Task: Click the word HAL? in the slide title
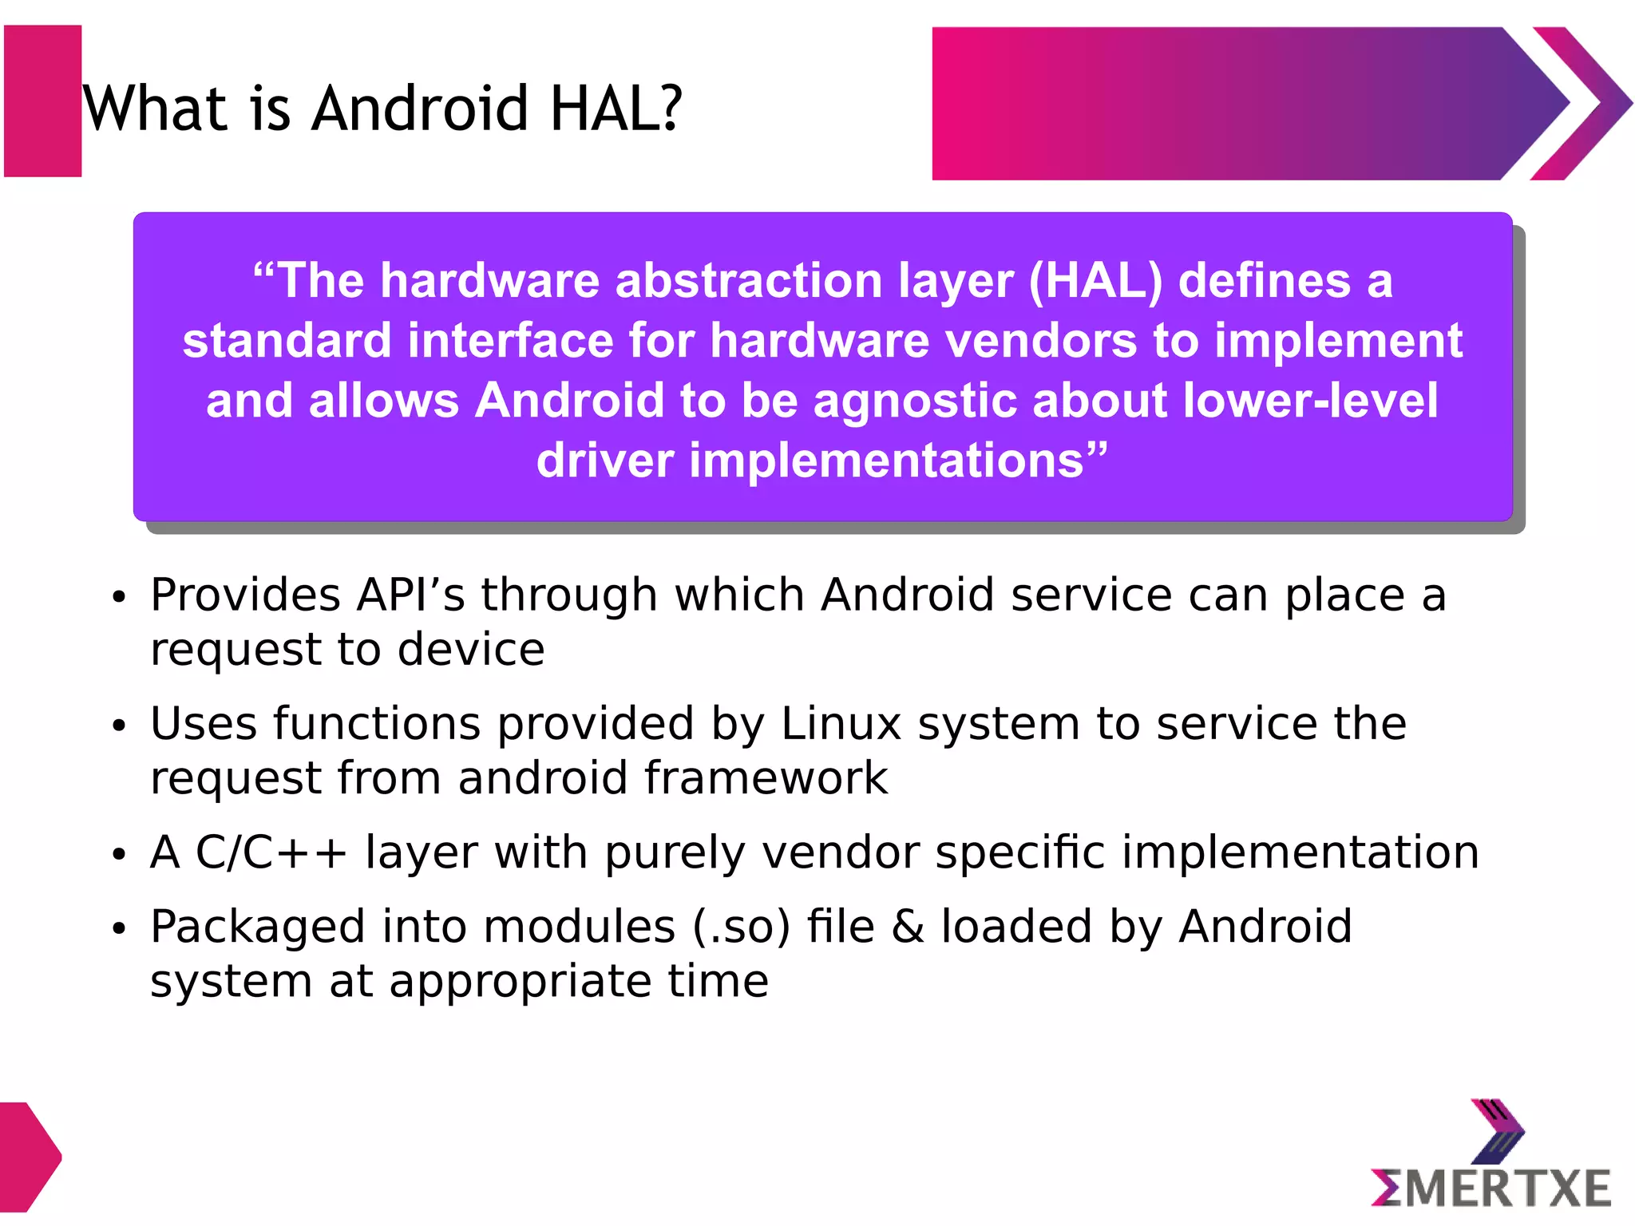point(616,109)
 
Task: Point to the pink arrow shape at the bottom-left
point(28,1156)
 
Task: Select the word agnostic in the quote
point(915,401)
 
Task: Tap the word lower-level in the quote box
point(1310,401)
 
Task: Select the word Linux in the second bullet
point(841,724)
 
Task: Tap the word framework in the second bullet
point(766,778)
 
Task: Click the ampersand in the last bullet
point(908,927)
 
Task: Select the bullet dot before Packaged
point(119,928)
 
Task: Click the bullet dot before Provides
point(119,597)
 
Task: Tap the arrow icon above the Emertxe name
point(1497,1129)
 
